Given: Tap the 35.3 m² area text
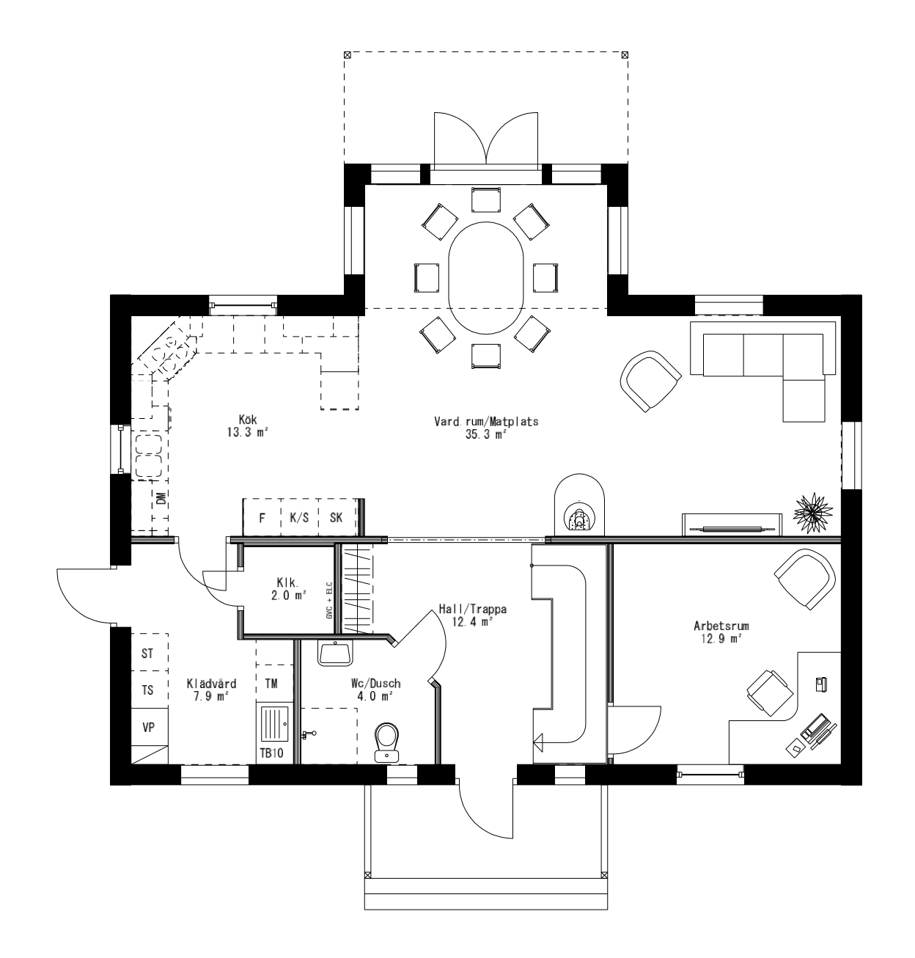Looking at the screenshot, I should pos(486,434).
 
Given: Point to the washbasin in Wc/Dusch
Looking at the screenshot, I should pos(336,652).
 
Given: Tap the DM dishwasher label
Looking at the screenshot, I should pos(161,499).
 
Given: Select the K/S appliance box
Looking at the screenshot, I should pos(299,517).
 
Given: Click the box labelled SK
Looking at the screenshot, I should pos(337,517).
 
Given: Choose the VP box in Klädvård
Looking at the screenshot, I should pos(149,728).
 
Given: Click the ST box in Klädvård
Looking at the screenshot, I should pos(148,653).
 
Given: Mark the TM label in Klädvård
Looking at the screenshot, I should pos(271,684).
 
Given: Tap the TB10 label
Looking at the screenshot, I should pos(271,754).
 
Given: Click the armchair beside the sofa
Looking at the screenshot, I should pos(650,380).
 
